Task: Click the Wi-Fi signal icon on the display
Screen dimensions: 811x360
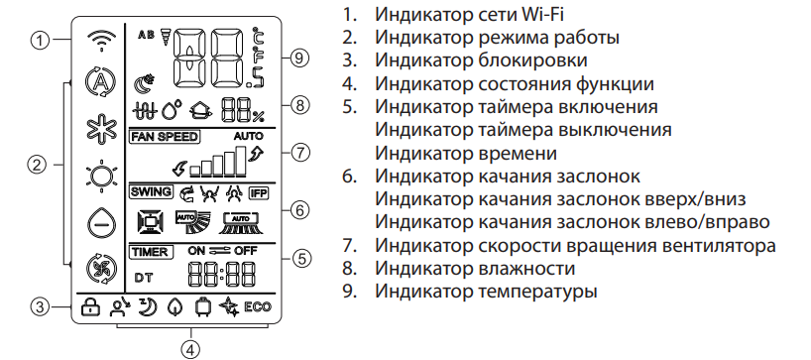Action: (101, 41)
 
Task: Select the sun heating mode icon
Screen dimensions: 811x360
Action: (101, 177)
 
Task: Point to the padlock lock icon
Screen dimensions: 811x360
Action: (90, 307)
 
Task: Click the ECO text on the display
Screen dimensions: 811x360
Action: (258, 307)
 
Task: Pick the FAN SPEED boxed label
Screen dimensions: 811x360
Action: (165, 137)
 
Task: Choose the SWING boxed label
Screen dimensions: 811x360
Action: (151, 191)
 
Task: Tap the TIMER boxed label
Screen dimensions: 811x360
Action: (151, 252)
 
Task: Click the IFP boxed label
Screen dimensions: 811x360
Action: (259, 193)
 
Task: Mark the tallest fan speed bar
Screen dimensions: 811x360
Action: (241, 162)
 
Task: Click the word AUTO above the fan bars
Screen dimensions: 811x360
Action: (248, 137)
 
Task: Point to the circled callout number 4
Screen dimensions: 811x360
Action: (190, 349)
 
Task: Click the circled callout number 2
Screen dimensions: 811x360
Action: (37, 165)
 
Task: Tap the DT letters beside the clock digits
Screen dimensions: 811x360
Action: (144, 279)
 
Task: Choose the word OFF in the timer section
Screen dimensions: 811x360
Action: (246, 251)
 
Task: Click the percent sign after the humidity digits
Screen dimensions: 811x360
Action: (258, 116)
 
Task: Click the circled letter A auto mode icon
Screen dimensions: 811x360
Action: (101, 82)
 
